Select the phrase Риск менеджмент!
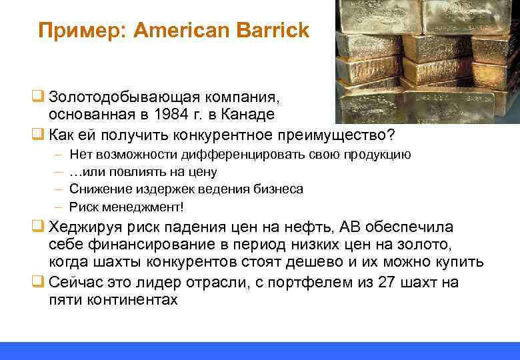pos(126,206)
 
